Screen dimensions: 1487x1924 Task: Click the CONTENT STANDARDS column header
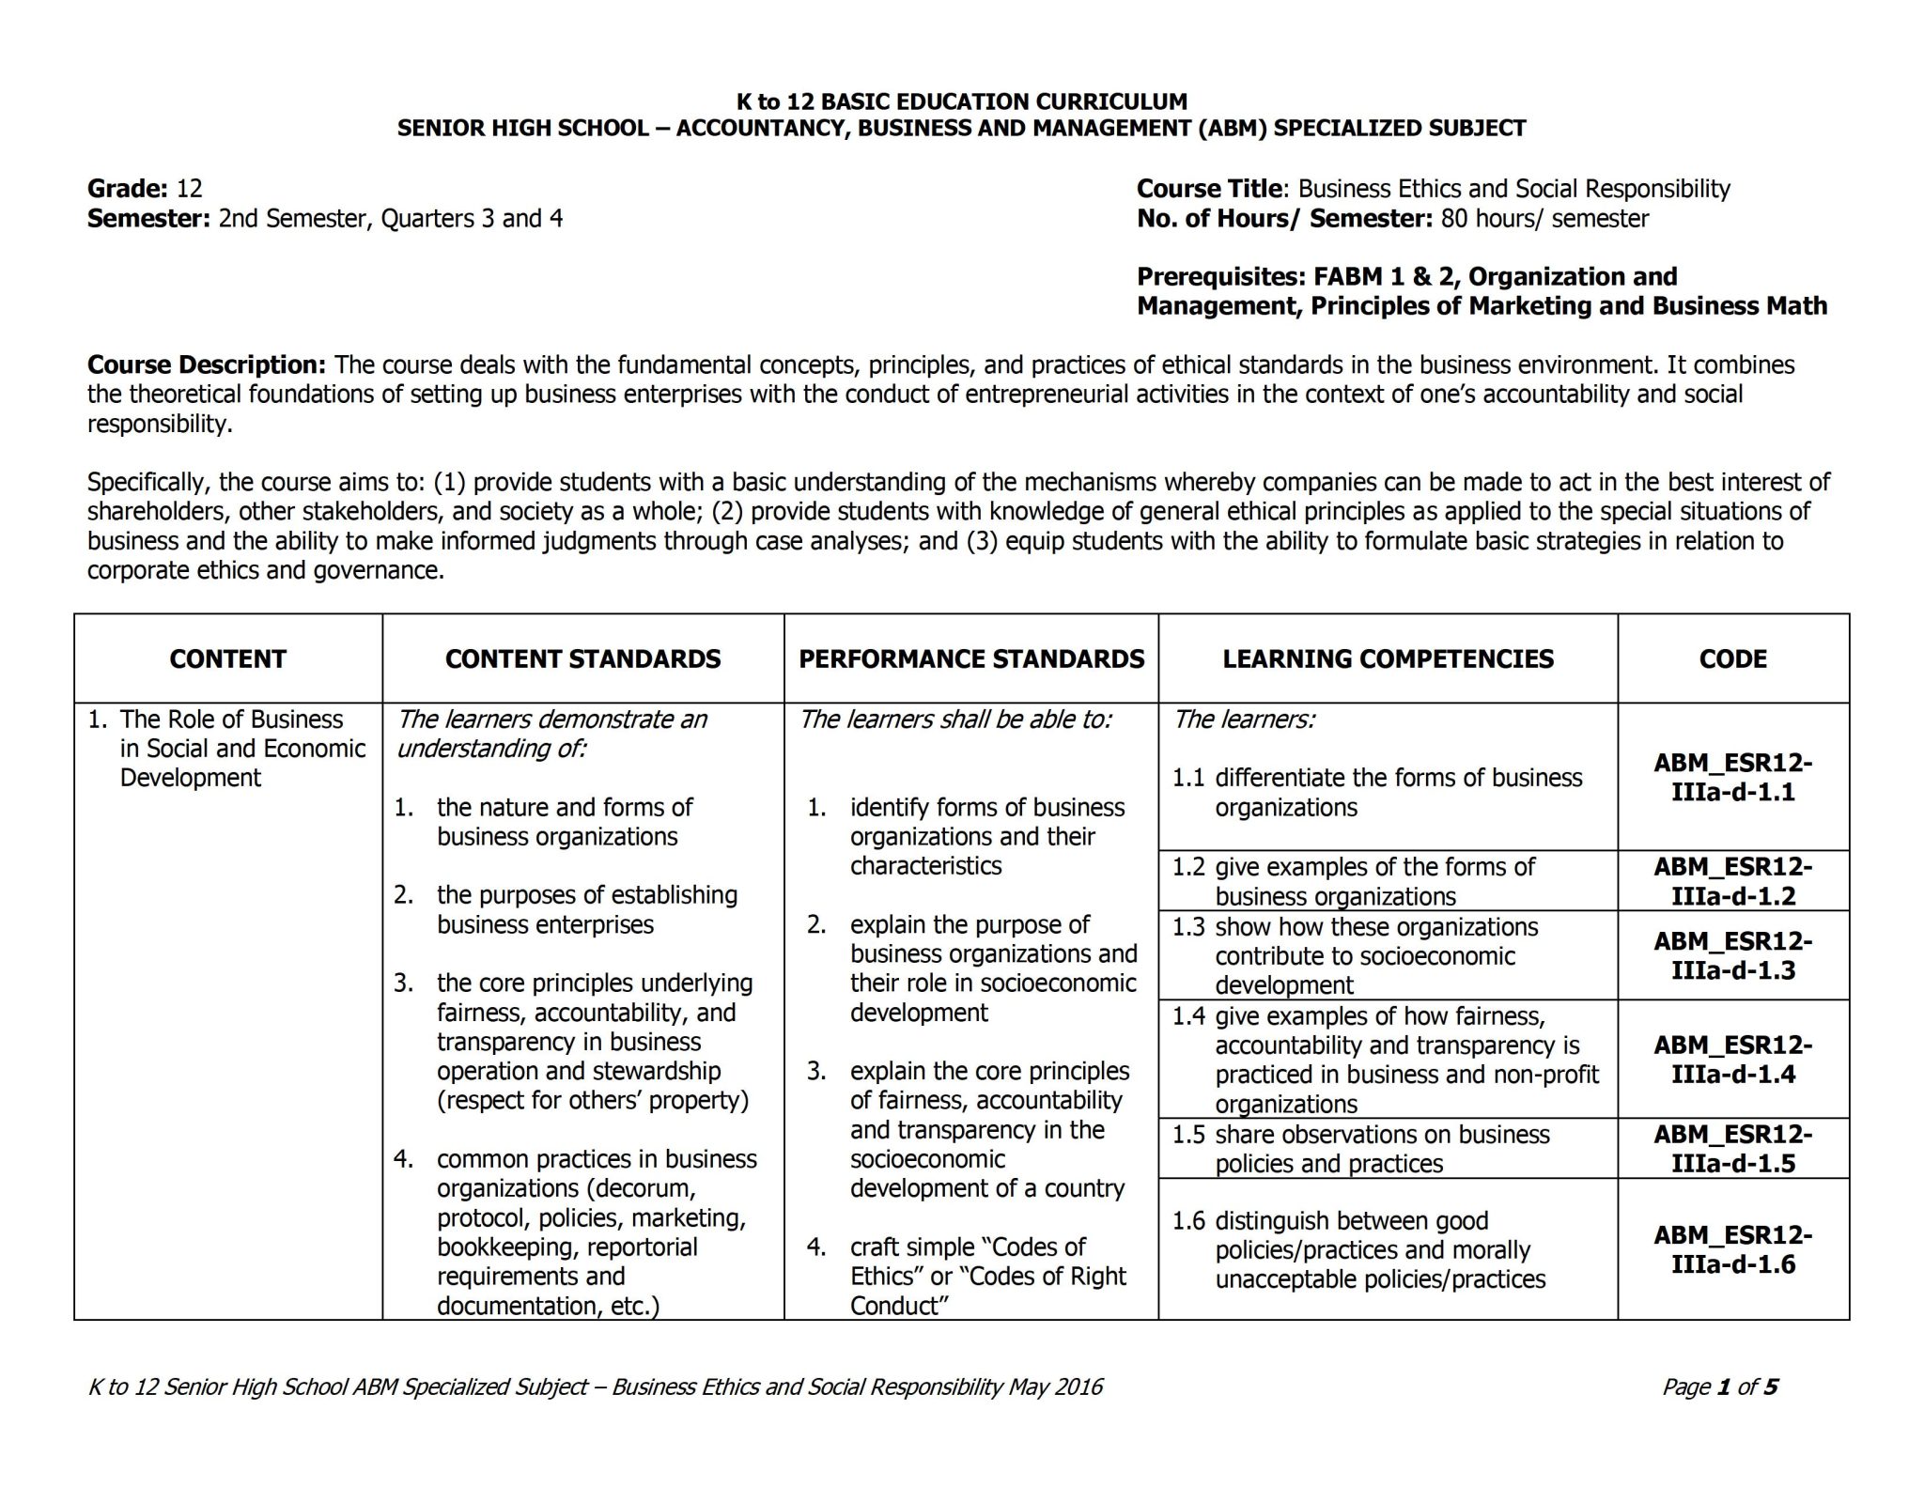582,658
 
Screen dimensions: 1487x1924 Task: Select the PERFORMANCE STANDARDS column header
971,658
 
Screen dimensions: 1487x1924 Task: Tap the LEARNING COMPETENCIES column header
1388,658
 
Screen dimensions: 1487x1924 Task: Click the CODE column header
1732,658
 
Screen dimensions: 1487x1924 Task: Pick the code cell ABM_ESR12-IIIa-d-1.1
1732,777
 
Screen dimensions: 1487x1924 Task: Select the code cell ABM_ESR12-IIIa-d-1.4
1732,1059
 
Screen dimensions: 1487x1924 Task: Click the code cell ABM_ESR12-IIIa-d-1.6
1732,1249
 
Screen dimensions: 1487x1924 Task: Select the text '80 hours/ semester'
1544,219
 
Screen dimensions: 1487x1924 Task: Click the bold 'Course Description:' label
206,364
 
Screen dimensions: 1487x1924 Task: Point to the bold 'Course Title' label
1208,189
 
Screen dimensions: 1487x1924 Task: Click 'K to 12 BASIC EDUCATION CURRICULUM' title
961,101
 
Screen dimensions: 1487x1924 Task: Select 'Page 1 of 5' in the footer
1719,1386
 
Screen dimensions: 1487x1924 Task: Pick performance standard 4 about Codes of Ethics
986,1276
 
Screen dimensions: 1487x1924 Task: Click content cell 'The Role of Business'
231,720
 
